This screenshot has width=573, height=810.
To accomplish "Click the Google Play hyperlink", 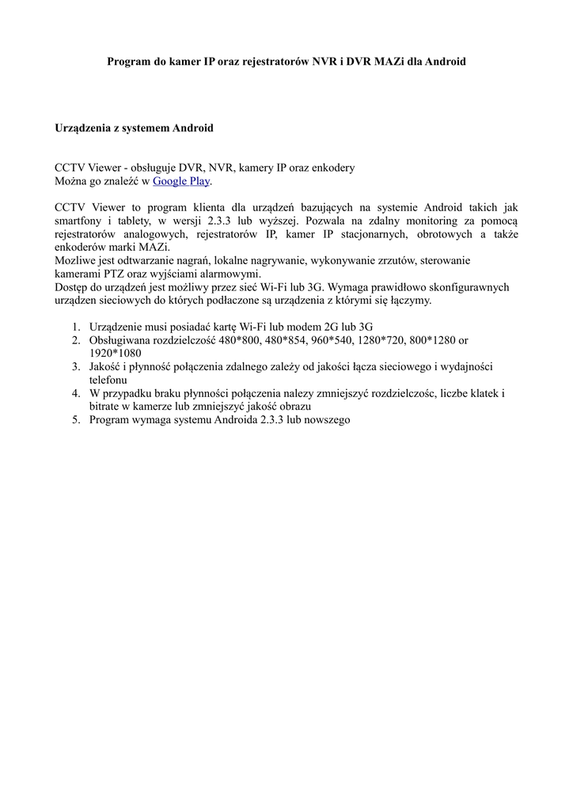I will (180, 181).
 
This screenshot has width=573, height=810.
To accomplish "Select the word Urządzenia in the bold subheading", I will (84, 127).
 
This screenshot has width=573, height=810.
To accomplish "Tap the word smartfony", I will (79, 221).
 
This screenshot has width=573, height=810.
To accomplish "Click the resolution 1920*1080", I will (116, 353).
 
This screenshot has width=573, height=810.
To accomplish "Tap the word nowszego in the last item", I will (324, 420).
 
